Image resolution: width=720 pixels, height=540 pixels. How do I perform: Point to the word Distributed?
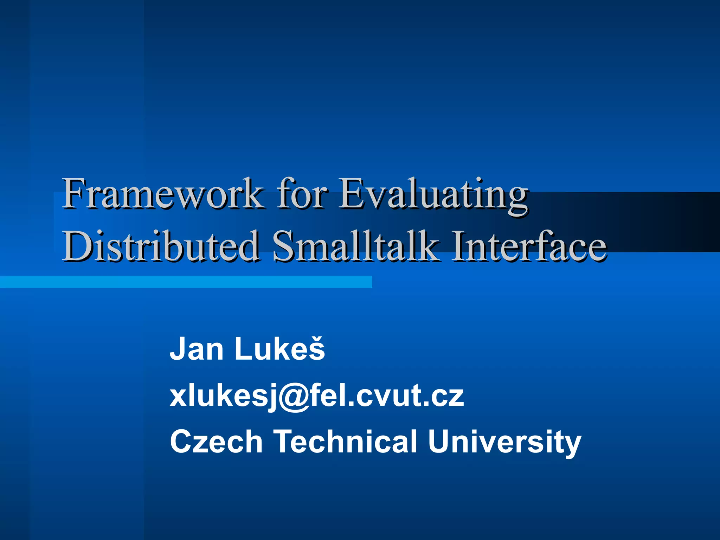[x=161, y=246]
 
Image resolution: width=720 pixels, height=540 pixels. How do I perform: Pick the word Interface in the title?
[x=529, y=246]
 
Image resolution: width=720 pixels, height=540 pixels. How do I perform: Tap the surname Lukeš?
[x=279, y=349]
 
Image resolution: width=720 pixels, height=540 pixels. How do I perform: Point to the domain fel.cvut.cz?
[x=392, y=396]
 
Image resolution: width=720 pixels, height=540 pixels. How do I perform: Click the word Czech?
[x=216, y=442]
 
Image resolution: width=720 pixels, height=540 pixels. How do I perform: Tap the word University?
[x=504, y=442]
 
